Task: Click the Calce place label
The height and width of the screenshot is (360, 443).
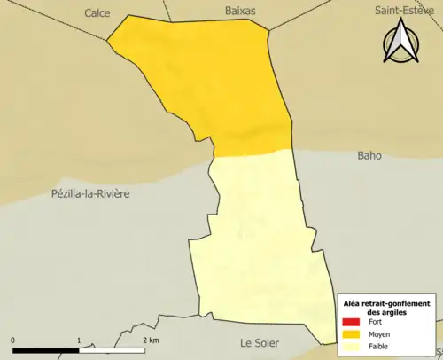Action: click(x=97, y=12)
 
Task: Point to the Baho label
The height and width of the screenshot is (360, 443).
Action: click(x=369, y=155)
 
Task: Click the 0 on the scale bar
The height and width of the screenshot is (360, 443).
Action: click(x=13, y=340)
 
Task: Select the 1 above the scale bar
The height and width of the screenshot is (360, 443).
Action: click(x=79, y=340)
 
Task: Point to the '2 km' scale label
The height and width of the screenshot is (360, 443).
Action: click(x=152, y=340)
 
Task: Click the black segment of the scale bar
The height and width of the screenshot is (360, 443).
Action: click(x=46, y=350)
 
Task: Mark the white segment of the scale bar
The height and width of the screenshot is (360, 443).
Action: click(x=112, y=350)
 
